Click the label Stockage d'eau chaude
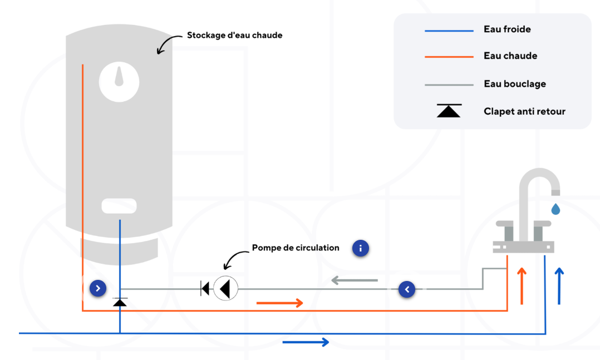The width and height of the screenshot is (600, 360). click(x=234, y=35)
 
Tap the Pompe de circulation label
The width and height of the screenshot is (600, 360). click(x=296, y=248)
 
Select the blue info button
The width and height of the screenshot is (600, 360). click(x=361, y=248)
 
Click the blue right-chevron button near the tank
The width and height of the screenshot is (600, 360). click(x=98, y=288)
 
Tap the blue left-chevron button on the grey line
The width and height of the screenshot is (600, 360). click(x=407, y=289)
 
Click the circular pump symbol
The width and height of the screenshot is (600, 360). click(x=226, y=288)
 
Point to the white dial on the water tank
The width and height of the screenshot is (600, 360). click(x=119, y=82)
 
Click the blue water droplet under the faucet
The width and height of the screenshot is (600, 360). click(x=555, y=209)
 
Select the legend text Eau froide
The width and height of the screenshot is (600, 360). click(x=507, y=29)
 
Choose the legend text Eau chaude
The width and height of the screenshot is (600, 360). click(x=510, y=56)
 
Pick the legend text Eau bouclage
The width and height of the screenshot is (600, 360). click(x=515, y=84)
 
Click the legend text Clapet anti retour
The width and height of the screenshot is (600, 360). click(x=524, y=111)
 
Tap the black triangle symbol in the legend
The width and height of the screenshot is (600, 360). click(x=449, y=111)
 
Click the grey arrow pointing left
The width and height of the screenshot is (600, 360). click(x=355, y=280)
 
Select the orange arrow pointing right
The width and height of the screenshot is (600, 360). click(x=280, y=303)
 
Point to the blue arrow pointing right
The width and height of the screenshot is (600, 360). click(x=306, y=342)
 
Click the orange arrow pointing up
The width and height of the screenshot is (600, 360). click(x=522, y=286)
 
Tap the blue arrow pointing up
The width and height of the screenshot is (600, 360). click(x=559, y=286)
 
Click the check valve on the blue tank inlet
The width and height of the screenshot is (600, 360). click(x=120, y=302)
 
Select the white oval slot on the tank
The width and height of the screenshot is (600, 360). click(x=119, y=206)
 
